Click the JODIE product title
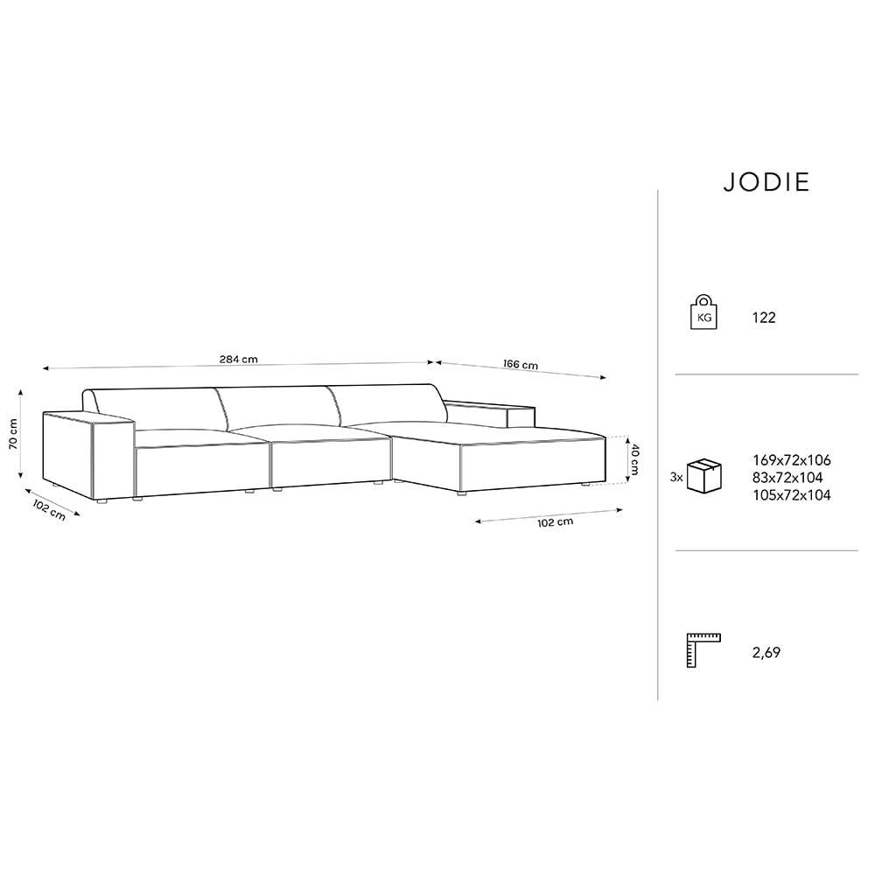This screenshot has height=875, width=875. (x=766, y=183)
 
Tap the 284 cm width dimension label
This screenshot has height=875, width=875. (x=238, y=360)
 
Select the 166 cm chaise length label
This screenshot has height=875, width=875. (x=521, y=364)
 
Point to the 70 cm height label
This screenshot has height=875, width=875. (x=13, y=434)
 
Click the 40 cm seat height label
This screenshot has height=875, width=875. (x=634, y=458)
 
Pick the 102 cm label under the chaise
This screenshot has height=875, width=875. (x=556, y=522)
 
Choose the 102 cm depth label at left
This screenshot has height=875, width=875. (x=49, y=510)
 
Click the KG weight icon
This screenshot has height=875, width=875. (x=703, y=311)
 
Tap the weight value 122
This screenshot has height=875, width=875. (x=764, y=318)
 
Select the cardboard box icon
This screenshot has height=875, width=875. (x=703, y=476)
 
